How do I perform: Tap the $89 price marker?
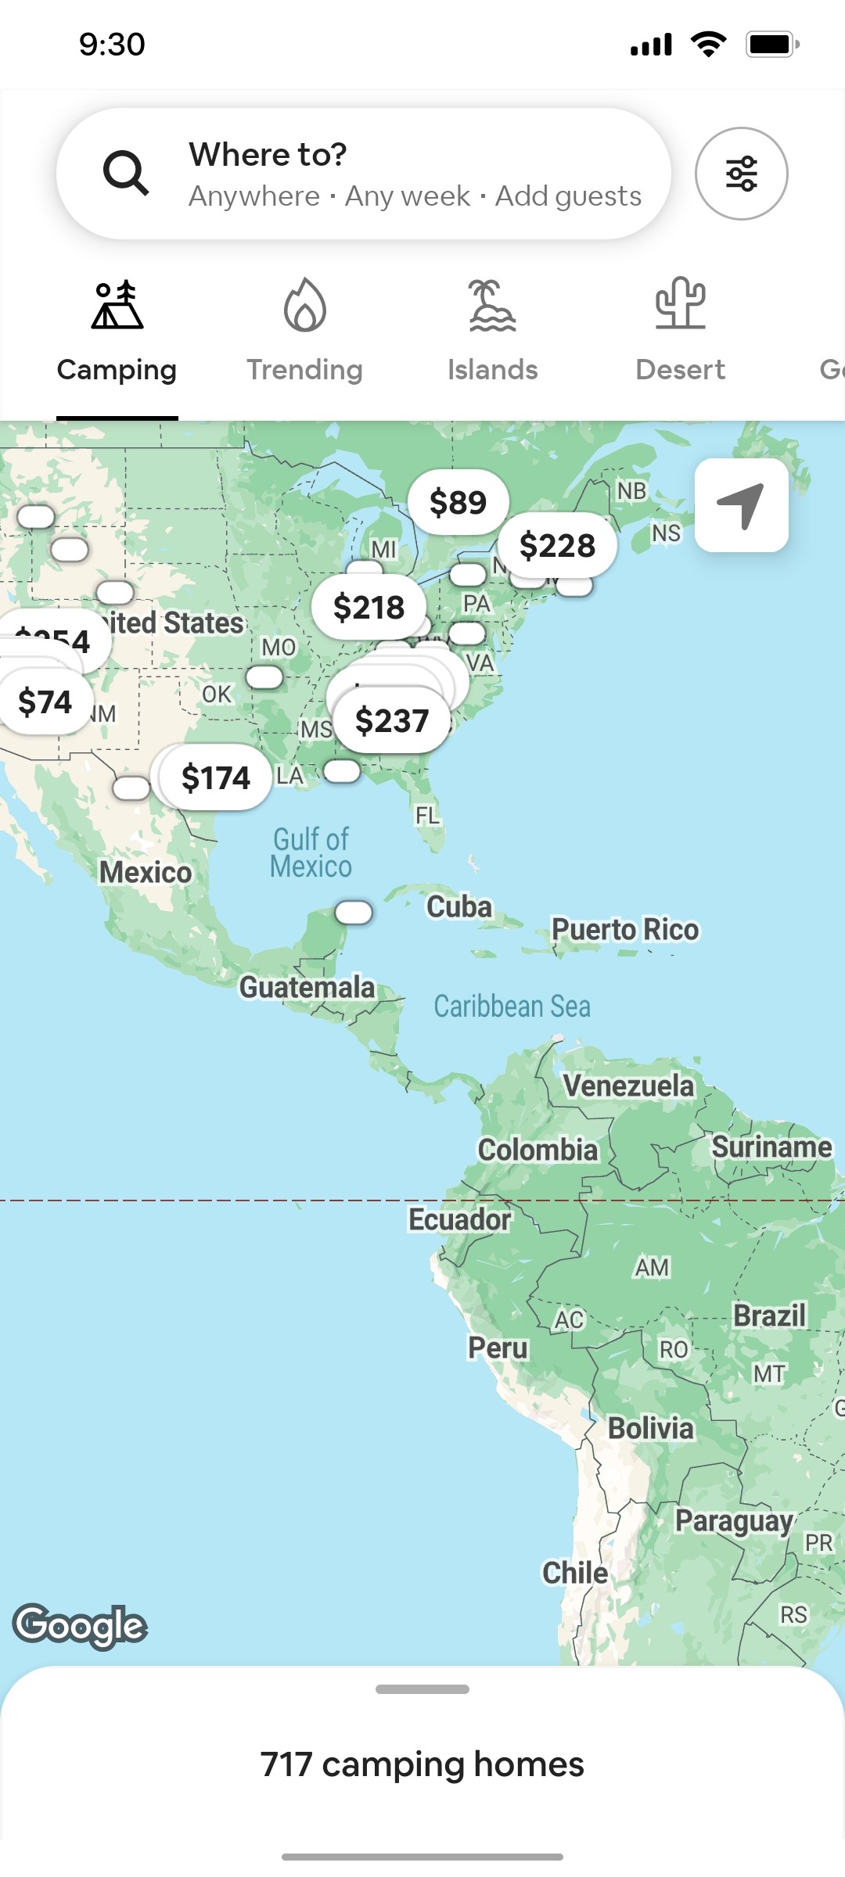(x=458, y=502)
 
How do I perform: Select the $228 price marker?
(x=557, y=545)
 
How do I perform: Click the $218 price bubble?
(x=369, y=607)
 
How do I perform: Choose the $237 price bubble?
(x=392, y=720)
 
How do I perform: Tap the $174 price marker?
(x=216, y=777)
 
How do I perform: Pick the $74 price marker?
(x=45, y=702)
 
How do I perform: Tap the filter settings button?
(x=741, y=174)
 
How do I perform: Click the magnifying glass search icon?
(x=125, y=173)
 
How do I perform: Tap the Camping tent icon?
(x=117, y=307)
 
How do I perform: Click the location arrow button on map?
(x=741, y=505)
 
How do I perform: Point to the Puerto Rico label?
(x=625, y=929)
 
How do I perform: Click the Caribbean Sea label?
(x=512, y=1007)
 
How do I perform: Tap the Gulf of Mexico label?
(x=311, y=852)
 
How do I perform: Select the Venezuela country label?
(x=628, y=1086)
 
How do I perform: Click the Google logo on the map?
(x=80, y=1625)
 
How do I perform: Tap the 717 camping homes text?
(x=422, y=1764)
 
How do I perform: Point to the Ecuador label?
(x=459, y=1219)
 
